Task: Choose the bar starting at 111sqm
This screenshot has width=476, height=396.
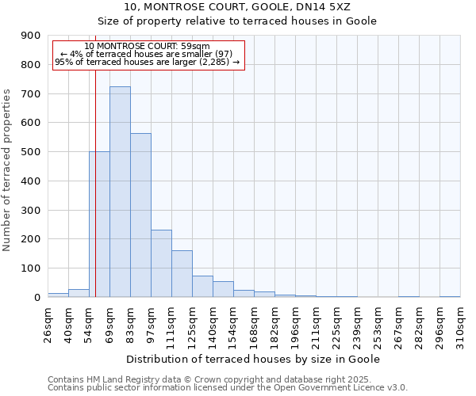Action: click(182, 274)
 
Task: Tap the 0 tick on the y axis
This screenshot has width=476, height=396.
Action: click(36, 297)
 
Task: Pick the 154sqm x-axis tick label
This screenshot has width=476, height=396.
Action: click(234, 324)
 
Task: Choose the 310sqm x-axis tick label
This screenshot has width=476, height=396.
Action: click(461, 324)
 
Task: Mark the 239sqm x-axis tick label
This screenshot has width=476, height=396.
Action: click(358, 324)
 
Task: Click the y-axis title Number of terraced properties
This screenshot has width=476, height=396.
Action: click(7, 169)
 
